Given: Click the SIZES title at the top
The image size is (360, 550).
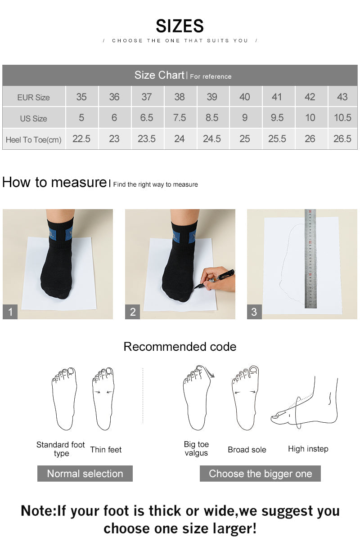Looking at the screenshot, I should click(180, 26).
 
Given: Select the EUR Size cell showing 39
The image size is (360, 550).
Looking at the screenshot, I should click(211, 97).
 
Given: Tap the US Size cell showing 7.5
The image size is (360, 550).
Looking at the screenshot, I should click(179, 118).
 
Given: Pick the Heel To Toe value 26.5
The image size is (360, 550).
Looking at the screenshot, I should click(342, 139).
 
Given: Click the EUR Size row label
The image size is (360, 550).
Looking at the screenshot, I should click(34, 97).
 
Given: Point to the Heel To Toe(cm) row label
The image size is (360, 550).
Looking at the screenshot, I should click(34, 139).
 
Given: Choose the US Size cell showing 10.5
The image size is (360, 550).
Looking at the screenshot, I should click(342, 118).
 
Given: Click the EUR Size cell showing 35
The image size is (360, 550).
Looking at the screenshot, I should click(81, 97).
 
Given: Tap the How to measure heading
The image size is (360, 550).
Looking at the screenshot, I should click(54, 183).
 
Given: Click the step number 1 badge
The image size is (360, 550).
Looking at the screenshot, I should click(10, 312).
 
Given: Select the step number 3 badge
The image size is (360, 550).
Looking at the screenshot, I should click(254, 312).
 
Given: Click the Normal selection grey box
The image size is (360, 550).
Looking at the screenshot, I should click(85, 474).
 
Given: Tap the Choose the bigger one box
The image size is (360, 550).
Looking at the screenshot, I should click(260, 474).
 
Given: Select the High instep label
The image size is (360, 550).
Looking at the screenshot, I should click(308, 449).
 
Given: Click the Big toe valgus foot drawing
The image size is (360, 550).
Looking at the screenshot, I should click(197, 398).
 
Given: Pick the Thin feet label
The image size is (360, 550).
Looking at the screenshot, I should click(106, 450).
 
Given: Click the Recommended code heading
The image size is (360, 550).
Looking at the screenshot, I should click(180, 347).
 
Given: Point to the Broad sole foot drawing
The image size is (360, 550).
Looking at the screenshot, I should click(245, 398).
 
